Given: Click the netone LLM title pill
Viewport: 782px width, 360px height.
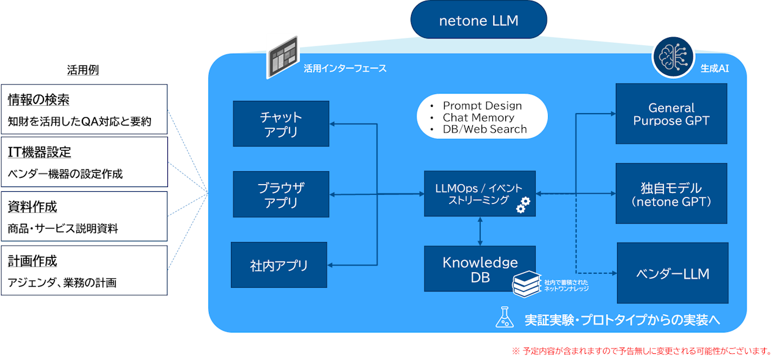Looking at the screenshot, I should click(478, 21).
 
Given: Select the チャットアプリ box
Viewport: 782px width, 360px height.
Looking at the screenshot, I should click(281, 123).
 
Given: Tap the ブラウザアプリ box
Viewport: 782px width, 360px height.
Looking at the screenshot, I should click(281, 194).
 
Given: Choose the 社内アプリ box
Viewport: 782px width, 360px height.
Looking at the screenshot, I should click(279, 265).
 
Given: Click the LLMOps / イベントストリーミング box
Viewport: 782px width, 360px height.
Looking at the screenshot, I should click(480, 193).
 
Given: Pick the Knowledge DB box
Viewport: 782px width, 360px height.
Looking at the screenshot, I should click(480, 269).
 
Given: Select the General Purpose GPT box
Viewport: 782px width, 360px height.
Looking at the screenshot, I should click(671, 114).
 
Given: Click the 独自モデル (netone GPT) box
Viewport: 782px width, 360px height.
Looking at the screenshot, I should click(671, 193).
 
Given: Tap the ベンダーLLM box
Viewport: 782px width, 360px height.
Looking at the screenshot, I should click(672, 273).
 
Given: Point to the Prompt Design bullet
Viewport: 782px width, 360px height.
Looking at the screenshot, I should click(482, 106).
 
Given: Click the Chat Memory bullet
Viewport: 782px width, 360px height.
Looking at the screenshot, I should click(478, 117).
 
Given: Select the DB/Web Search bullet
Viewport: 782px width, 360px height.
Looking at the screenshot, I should click(484, 129).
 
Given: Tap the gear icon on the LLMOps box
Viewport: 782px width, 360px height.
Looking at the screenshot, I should click(523, 205).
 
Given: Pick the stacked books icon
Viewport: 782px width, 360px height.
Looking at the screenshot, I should click(527, 283).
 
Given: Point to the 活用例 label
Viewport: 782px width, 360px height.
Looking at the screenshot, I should click(82, 70).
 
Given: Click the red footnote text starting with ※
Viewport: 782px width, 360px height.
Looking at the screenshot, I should click(641, 351).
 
